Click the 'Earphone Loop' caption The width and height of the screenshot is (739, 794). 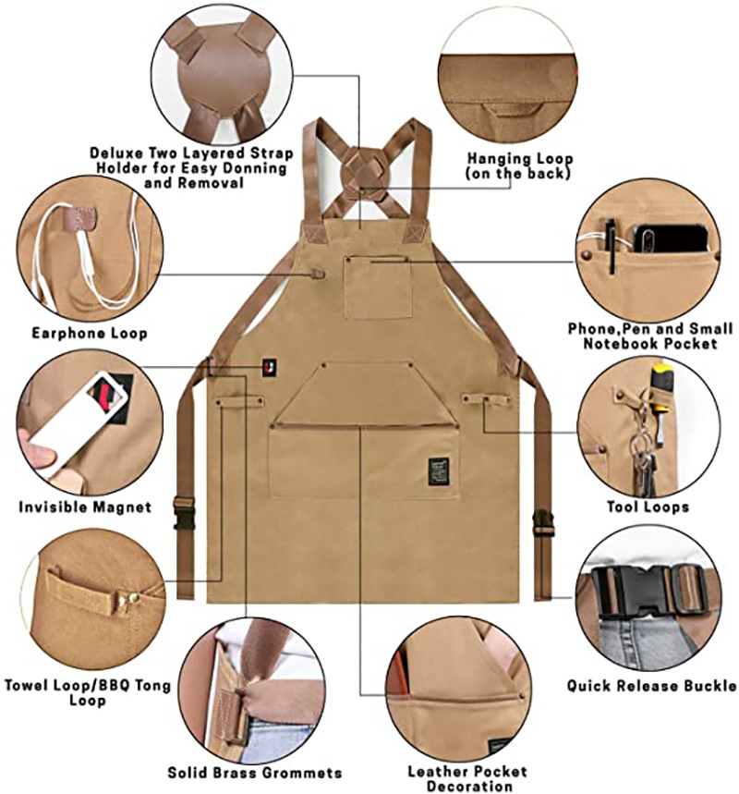[x=90, y=333]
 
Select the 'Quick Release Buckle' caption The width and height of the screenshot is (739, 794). [x=651, y=686]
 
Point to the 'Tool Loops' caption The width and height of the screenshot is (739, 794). [x=647, y=507]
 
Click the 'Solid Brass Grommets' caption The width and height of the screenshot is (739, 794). [x=255, y=773]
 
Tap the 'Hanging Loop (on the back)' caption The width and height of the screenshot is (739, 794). [x=519, y=165]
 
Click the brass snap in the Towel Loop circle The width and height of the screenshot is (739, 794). [x=132, y=598]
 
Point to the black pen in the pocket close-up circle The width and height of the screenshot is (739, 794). [x=611, y=245]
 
